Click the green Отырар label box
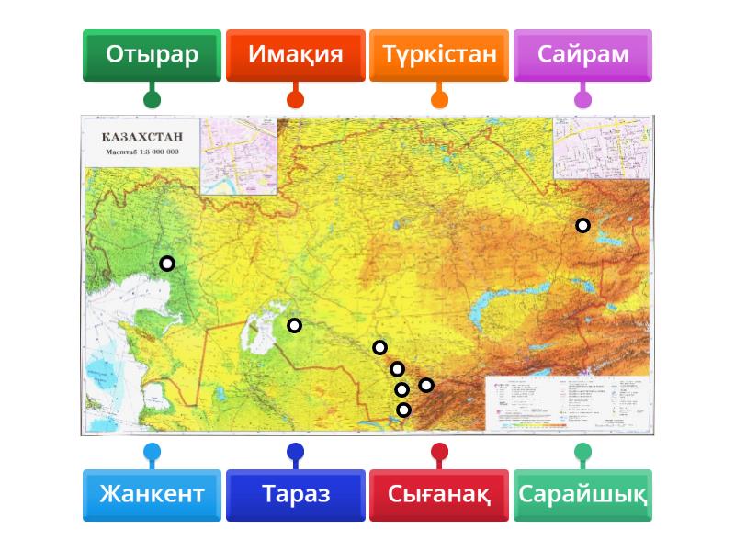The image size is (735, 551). [x=152, y=54]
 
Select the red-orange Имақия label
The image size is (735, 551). [x=295, y=54]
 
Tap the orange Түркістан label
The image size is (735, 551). [x=439, y=54]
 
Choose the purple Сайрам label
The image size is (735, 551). [x=582, y=54]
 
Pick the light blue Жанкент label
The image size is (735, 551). [x=152, y=495]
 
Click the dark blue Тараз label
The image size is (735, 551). [x=295, y=495]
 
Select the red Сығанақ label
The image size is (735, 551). [x=439, y=495]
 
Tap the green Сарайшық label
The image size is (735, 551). [x=582, y=495]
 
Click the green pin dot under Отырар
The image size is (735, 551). [x=152, y=99]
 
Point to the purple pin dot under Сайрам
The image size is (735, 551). [x=582, y=99]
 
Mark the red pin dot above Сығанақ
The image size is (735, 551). [x=439, y=451]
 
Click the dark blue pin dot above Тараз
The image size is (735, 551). [x=295, y=451]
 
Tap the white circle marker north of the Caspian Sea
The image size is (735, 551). [x=167, y=264]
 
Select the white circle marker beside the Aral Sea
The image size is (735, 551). [x=294, y=325]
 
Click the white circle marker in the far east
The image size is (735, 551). [x=582, y=225]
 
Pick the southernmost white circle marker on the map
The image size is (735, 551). [x=403, y=410]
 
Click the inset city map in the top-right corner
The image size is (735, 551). [x=602, y=147]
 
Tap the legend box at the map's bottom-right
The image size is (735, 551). [x=566, y=402]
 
